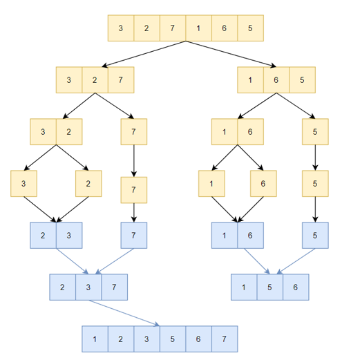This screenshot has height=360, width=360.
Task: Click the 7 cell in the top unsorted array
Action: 173,28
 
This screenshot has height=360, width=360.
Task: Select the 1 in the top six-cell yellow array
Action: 198,28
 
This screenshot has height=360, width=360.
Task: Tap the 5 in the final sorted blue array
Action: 173,339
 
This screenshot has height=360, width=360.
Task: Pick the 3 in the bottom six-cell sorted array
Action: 146,339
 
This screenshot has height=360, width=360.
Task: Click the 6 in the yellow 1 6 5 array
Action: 276,80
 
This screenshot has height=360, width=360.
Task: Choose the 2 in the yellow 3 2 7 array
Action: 95,80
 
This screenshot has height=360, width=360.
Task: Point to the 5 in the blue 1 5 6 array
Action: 270,287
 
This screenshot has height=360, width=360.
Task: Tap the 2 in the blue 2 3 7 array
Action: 63,287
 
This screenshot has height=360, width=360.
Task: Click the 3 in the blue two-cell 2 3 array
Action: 69,235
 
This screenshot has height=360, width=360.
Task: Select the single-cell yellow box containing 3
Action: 23,183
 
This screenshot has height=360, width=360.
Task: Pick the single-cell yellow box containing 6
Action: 263,183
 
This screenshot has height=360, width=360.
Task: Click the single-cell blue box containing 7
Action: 134,235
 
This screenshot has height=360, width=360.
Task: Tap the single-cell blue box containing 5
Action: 315,235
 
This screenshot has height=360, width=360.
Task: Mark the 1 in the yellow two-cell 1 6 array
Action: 225,132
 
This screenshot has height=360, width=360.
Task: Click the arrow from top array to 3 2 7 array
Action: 144,54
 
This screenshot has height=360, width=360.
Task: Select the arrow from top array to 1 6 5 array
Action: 231,54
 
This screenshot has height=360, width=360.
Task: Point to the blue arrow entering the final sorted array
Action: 124,313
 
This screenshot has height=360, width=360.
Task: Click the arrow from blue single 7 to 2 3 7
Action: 115,261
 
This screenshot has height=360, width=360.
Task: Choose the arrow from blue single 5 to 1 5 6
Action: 296,261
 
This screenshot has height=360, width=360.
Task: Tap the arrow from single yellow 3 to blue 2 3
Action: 40,209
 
